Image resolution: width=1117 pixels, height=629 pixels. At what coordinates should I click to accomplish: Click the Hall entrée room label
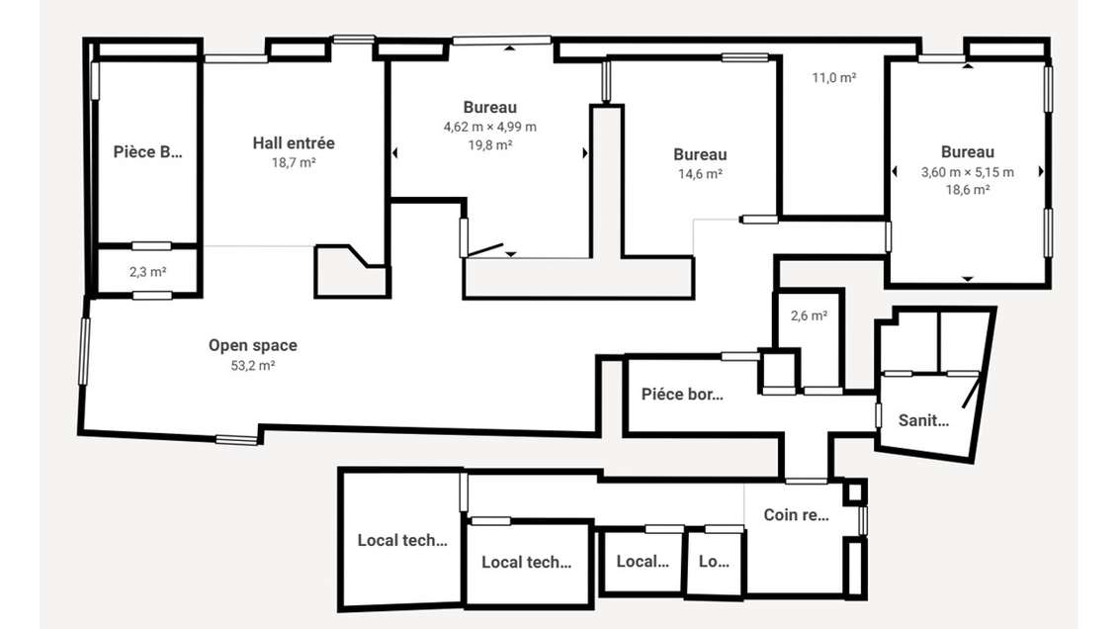tap(294, 143)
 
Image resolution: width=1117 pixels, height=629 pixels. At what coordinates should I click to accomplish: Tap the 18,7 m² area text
tap(294, 162)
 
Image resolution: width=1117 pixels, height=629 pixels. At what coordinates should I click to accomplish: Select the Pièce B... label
tap(148, 151)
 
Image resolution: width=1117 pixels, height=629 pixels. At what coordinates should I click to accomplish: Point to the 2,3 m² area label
tap(147, 271)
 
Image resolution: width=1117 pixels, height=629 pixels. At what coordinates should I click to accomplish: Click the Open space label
tap(252, 345)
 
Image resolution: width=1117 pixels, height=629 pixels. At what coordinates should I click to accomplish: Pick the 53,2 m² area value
tap(252, 365)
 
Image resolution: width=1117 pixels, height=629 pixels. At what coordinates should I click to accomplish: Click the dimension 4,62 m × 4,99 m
tap(490, 127)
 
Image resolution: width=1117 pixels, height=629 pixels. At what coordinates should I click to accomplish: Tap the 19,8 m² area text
tap(490, 144)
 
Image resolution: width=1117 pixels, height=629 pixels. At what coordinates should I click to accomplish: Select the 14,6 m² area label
tap(700, 173)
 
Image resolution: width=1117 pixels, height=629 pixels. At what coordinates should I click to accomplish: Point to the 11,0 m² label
tap(833, 78)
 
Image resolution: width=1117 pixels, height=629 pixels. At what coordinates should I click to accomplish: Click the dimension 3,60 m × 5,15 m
tap(967, 171)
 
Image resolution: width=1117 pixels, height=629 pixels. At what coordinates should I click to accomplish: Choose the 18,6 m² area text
tap(967, 190)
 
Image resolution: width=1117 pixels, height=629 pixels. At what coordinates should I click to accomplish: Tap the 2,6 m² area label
tap(809, 316)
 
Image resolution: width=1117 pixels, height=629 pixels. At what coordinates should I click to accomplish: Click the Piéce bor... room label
tap(682, 394)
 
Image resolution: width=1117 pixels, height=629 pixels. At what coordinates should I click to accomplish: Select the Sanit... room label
tap(923, 420)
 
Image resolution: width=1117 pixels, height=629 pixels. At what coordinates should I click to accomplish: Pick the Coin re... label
tap(796, 515)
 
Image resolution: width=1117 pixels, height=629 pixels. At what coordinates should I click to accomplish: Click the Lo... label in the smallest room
tap(714, 562)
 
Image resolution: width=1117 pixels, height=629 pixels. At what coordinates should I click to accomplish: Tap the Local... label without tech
tap(643, 562)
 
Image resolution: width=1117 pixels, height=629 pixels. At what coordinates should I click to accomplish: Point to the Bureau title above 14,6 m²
tap(700, 154)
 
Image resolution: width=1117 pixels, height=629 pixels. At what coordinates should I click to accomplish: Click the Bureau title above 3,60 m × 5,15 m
tap(967, 152)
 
